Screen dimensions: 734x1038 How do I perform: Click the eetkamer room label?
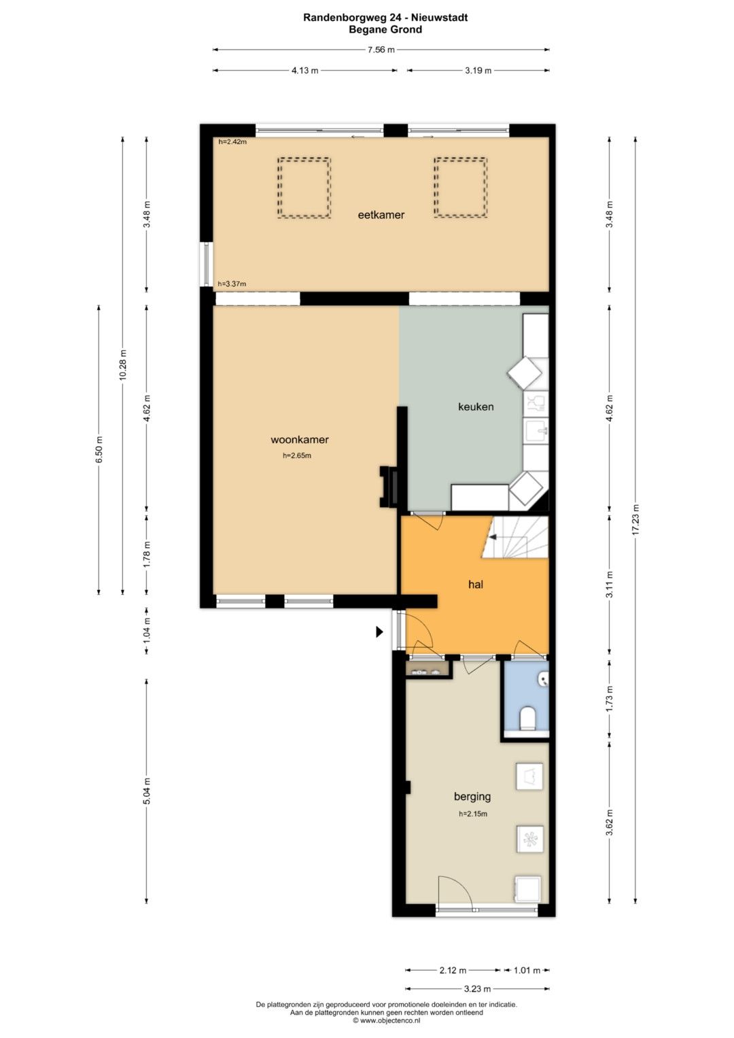(x=381, y=215)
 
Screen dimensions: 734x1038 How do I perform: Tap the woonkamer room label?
(x=299, y=440)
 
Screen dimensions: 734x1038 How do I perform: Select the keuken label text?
(x=476, y=407)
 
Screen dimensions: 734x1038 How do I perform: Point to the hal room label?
(x=476, y=585)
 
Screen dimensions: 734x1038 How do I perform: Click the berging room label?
(x=472, y=797)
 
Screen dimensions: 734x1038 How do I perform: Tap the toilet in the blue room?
(x=527, y=718)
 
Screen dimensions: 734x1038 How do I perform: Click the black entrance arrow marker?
(x=379, y=632)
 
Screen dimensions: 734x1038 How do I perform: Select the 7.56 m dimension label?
(x=381, y=50)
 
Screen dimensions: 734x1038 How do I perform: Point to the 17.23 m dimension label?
(x=635, y=519)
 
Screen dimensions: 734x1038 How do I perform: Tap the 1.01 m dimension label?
(x=527, y=970)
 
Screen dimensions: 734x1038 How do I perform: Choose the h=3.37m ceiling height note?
(x=232, y=284)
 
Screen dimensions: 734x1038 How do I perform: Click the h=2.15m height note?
(x=472, y=814)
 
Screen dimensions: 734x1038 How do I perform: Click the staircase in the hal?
(x=515, y=537)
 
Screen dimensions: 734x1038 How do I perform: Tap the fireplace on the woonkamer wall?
(x=388, y=486)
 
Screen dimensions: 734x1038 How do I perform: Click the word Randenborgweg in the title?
(x=339, y=18)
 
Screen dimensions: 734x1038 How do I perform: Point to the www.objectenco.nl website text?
(x=389, y=1020)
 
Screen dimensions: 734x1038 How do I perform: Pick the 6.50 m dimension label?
(x=99, y=449)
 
